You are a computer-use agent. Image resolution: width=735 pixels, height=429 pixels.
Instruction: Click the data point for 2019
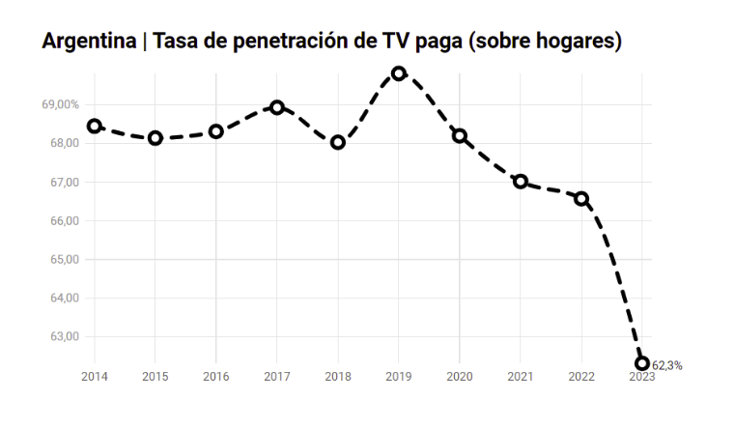click(x=399, y=73)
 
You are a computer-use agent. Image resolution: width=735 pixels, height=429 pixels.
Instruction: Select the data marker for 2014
click(x=95, y=126)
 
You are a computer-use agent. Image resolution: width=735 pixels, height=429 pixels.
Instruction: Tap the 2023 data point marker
click(x=642, y=363)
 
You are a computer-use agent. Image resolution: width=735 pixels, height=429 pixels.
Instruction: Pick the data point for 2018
click(x=338, y=142)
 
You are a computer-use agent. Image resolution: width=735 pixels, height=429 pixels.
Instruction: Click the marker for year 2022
click(x=581, y=198)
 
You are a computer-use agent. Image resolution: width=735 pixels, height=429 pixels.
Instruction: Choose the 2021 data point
click(x=521, y=181)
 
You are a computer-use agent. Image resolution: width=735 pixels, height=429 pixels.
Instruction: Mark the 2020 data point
click(x=460, y=136)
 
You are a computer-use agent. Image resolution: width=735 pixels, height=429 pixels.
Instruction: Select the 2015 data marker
click(x=155, y=138)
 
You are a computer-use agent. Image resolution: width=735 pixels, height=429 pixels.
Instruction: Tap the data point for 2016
click(x=216, y=131)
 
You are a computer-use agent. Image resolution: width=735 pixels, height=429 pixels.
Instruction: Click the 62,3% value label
click(x=666, y=365)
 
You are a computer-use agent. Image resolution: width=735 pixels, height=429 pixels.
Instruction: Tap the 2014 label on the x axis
click(x=95, y=377)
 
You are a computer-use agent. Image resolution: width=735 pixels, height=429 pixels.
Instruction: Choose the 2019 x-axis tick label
click(x=399, y=377)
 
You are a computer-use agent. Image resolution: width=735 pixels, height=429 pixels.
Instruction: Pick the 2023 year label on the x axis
click(x=642, y=377)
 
